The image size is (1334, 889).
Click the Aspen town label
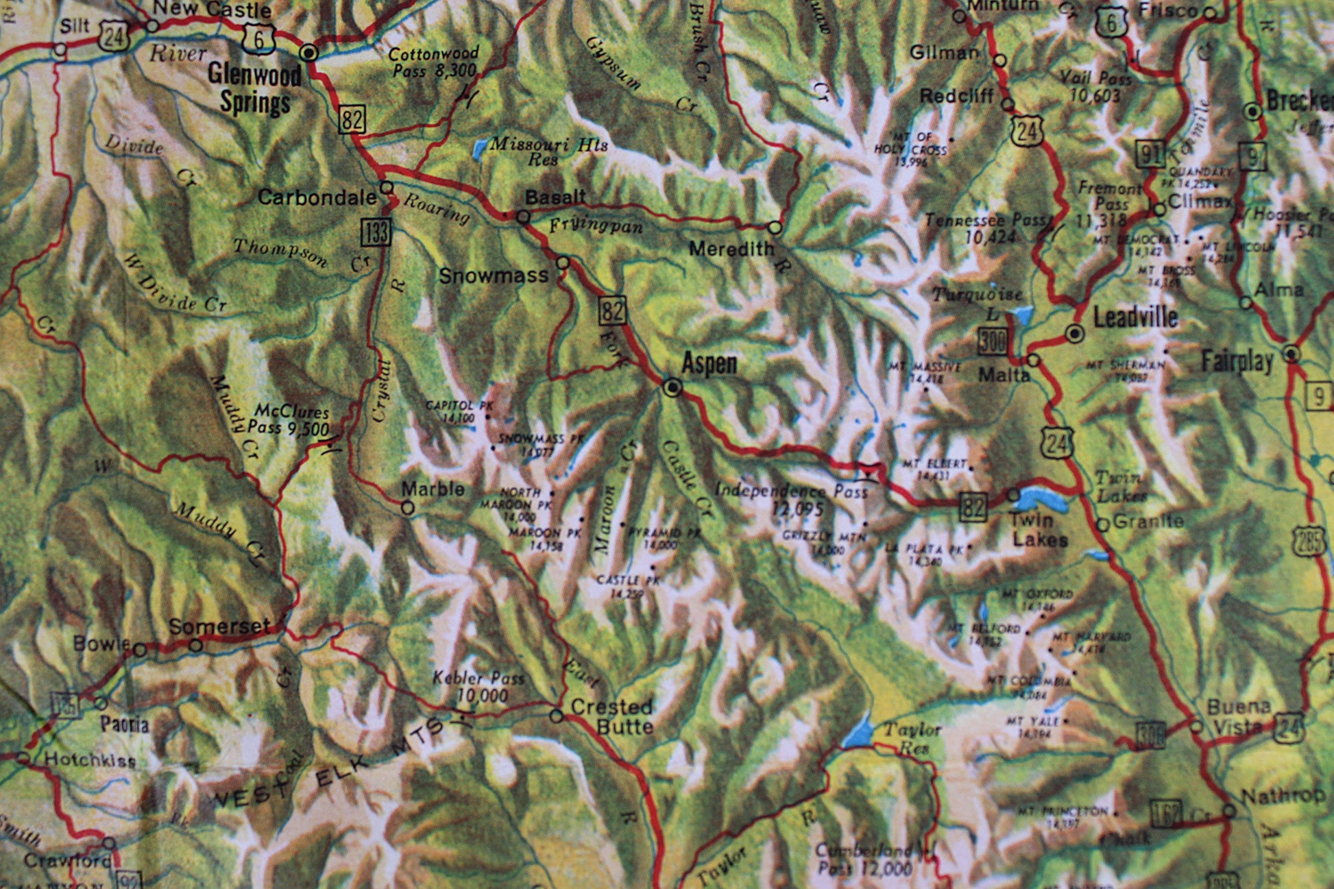[710, 363]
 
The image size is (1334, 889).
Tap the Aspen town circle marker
[673, 388]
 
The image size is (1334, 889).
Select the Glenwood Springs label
[254, 88]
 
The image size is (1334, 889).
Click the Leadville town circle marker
[1075, 334]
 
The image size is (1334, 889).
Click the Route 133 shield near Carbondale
[376, 232]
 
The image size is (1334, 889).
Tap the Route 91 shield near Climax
[1150, 154]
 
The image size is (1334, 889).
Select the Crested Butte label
[611, 716]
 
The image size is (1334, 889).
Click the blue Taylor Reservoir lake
[858, 732]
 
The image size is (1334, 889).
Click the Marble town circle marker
[407, 508]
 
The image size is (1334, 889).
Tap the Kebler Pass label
[478, 686]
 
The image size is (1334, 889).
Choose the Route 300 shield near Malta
[992, 341]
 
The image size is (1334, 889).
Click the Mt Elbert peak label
[935, 468]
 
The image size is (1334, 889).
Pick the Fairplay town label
[1237, 362]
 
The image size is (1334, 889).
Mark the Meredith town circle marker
[775, 227]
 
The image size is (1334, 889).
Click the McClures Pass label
[289, 419]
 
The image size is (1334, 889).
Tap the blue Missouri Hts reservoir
[480, 147]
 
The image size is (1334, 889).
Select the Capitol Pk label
[450, 411]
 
